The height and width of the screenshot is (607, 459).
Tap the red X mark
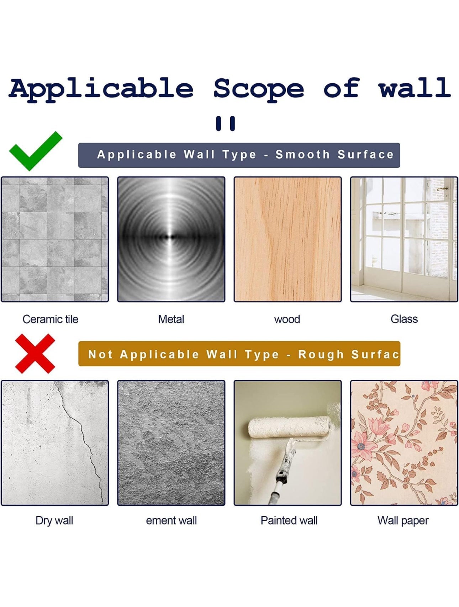(x=35, y=353)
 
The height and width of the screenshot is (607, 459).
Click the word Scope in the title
(x=258, y=88)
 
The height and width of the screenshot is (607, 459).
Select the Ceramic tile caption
(x=50, y=319)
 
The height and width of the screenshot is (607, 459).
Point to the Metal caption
(x=171, y=319)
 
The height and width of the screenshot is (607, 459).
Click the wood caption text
(x=287, y=319)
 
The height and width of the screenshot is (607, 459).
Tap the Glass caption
(x=404, y=319)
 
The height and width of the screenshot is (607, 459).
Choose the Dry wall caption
(x=54, y=520)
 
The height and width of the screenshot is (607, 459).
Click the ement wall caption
(x=171, y=520)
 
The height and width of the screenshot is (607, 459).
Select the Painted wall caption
(x=289, y=520)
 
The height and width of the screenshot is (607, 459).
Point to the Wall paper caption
(x=403, y=521)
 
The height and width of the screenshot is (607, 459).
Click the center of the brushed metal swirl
(x=171, y=237)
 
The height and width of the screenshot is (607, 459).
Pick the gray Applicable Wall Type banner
(x=239, y=155)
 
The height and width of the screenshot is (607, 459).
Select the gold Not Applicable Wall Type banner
(x=239, y=354)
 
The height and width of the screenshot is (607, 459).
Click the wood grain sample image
(x=287, y=239)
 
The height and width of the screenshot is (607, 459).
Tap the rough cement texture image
(x=171, y=443)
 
